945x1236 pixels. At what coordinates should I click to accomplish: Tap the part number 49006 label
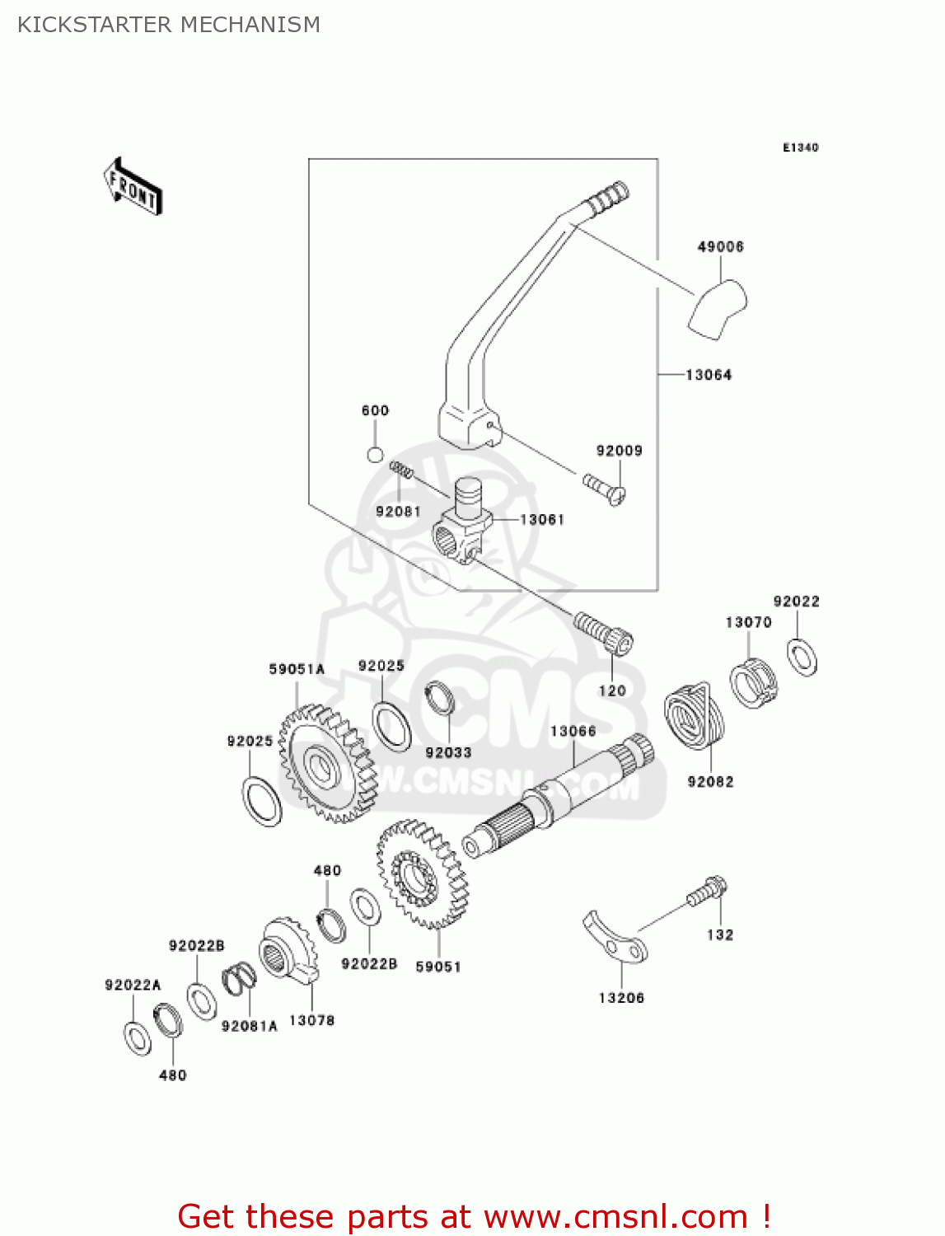(720, 246)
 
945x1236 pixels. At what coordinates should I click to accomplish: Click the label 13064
(709, 375)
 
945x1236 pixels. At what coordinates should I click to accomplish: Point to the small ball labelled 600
(375, 455)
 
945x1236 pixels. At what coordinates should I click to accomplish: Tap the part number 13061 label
(542, 519)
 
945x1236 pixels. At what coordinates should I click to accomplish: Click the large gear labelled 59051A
(326, 763)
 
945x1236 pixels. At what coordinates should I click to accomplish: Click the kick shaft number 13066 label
(573, 731)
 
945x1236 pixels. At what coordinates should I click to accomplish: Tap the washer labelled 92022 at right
(802, 657)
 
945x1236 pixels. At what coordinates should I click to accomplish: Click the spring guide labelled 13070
(753, 683)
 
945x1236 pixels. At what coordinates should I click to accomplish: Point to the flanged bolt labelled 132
(707, 892)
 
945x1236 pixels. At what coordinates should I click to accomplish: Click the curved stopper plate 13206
(615, 938)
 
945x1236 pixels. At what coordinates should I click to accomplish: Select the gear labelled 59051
(422, 873)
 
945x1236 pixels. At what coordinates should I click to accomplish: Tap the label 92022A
(133, 985)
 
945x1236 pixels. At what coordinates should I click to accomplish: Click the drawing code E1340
(800, 147)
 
